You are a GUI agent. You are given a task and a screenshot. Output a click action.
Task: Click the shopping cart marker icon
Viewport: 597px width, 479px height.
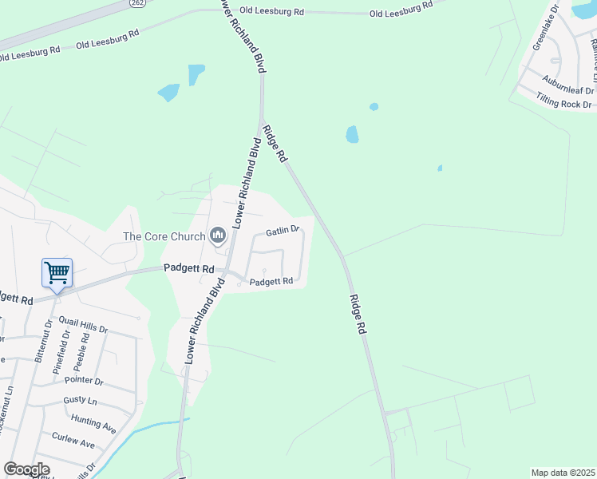[x=57, y=273]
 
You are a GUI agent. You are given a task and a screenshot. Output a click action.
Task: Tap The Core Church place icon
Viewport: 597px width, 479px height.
[x=217, y=235]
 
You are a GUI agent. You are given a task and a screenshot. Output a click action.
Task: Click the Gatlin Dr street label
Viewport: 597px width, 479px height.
[x=282, y=230]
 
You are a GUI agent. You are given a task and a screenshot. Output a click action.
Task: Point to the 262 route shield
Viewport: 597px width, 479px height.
[x=136, y=4]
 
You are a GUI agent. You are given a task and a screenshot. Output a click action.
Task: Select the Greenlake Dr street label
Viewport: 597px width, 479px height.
[x=548, y=34]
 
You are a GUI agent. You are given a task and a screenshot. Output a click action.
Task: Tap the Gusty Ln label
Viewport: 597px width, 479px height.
[x=81, y=400]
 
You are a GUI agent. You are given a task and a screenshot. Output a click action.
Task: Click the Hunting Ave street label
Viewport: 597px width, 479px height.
[x=93, y=424]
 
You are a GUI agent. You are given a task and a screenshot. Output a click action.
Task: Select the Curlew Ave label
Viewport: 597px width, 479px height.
[x=73, y=442]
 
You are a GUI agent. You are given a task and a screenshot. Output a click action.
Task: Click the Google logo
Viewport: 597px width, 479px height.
[x=26, y=469]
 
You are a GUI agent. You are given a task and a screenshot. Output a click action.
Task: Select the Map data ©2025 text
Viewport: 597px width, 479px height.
[x=563, y=473]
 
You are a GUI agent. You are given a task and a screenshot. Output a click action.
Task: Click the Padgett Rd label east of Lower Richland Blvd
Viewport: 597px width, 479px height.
[x=271, y=281]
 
